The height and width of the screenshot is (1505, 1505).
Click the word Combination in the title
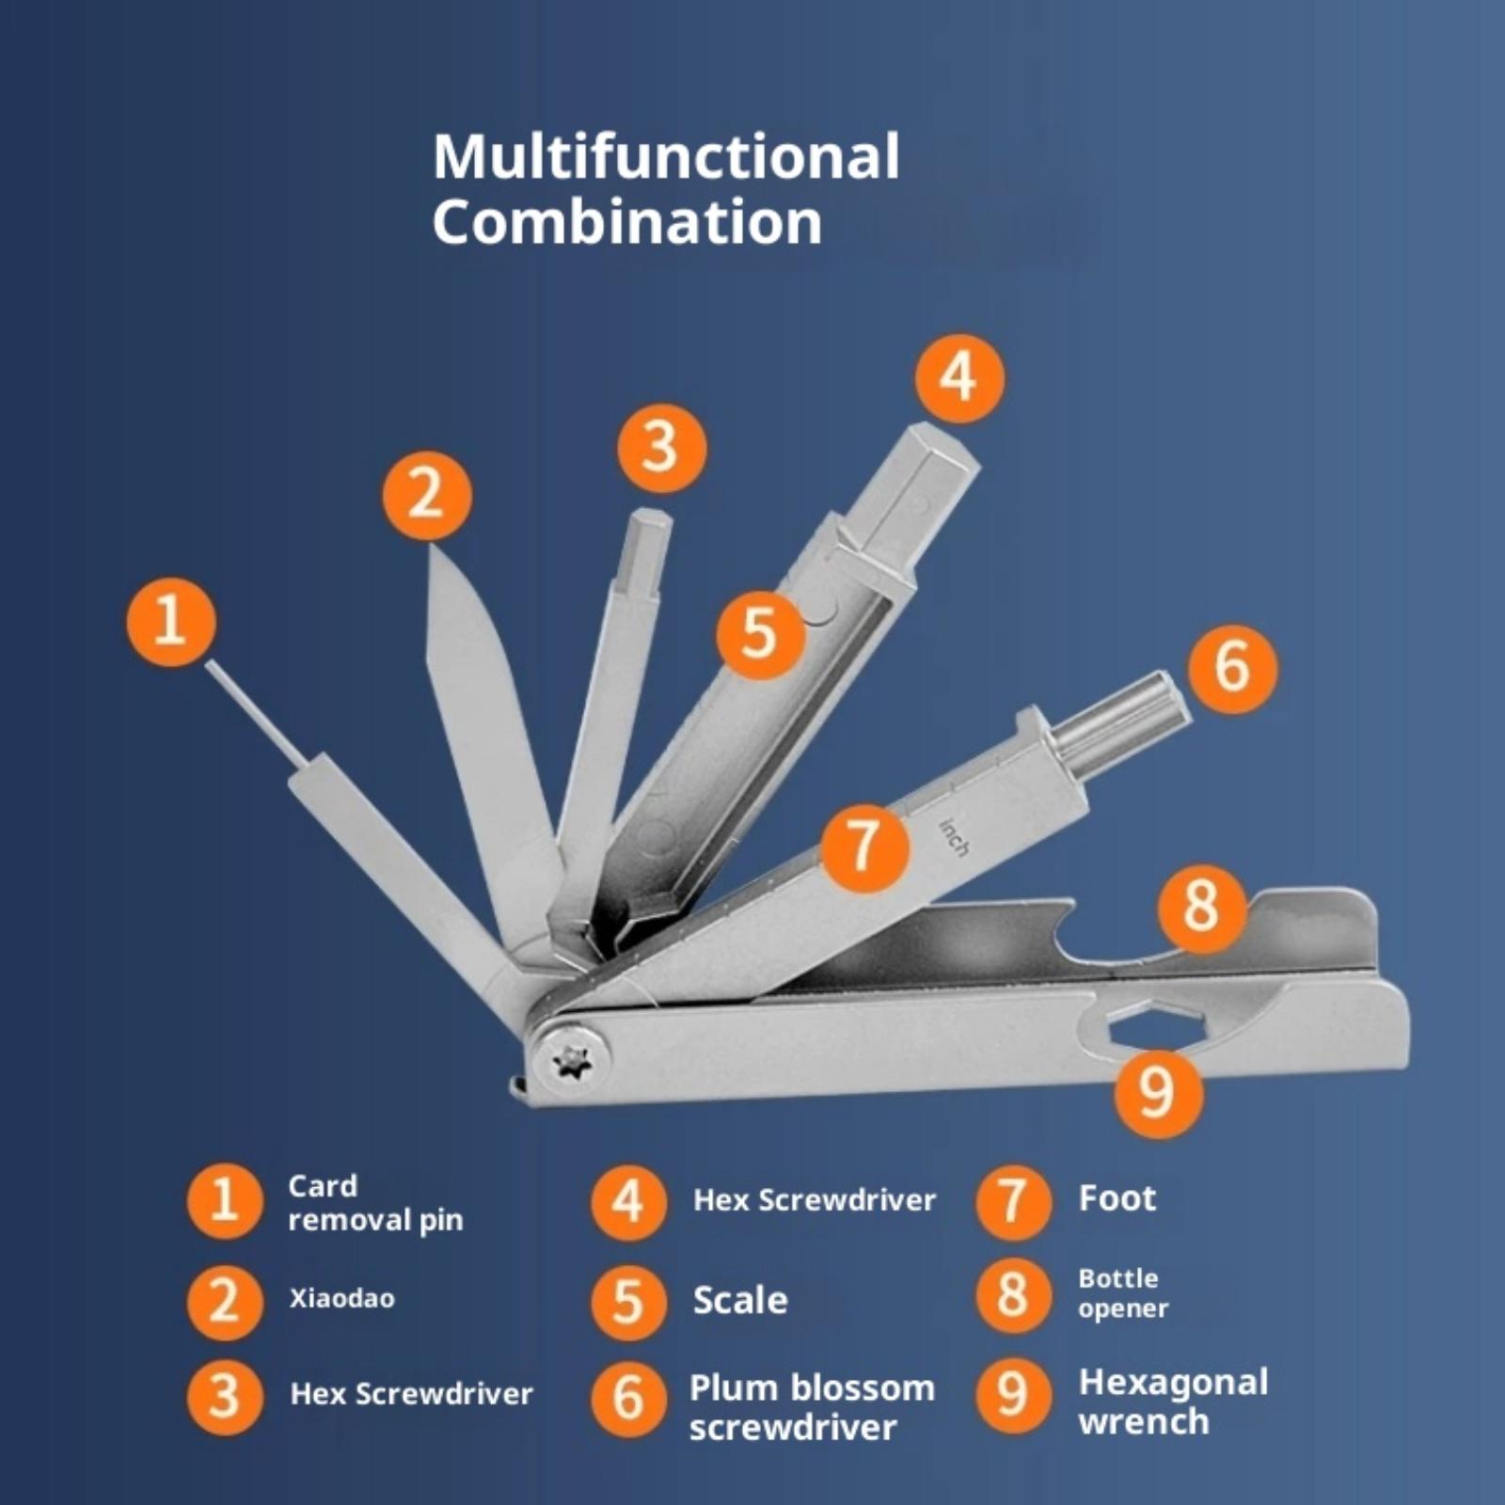(x=627, y=223)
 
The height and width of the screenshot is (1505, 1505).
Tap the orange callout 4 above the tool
(x=959, y=378)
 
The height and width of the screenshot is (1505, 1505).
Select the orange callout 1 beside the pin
(x=171, y=622)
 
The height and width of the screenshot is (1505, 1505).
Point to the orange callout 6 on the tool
(x=1232, y=668)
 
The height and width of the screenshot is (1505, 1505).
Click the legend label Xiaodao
(x=341, y=1298)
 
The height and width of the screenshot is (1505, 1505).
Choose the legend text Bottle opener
(x=1123, y=1293)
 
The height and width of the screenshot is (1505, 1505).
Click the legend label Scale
(x=740, y=1300)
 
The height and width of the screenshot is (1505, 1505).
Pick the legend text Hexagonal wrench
(x=1173, y=1402)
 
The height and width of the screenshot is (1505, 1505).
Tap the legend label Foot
(x=1117, y=1198)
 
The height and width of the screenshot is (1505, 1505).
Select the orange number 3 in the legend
(x=224, y=1396)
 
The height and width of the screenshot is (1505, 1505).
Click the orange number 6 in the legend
(x=628, y=1398)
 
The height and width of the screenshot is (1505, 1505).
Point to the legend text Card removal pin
(x=375, y=1203)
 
